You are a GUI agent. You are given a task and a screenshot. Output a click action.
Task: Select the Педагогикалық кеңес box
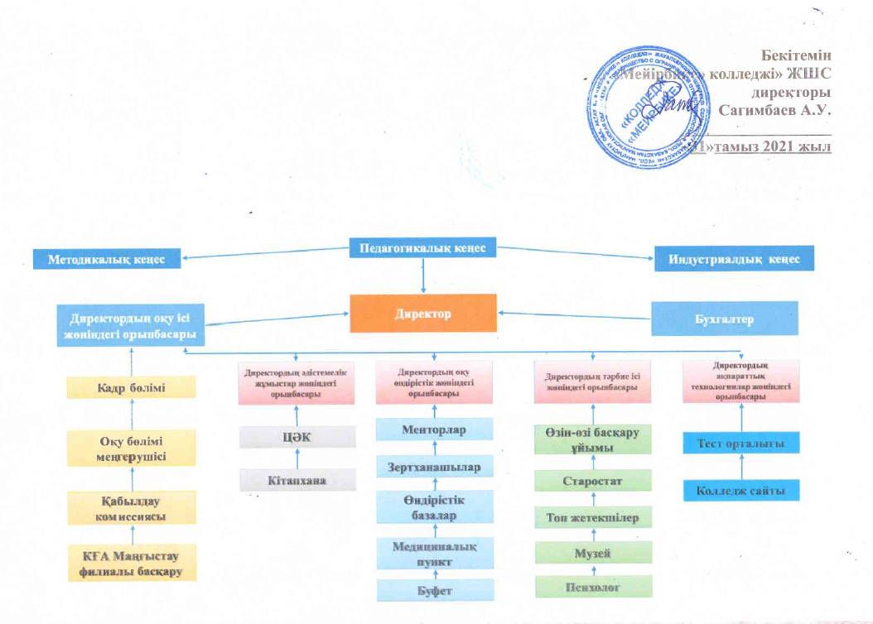422,247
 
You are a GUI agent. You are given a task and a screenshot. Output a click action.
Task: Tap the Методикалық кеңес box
107,259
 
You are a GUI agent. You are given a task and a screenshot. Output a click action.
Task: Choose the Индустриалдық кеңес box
734,259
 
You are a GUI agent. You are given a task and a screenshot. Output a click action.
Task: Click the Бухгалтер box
725,319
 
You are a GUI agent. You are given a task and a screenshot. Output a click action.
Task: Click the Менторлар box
435,430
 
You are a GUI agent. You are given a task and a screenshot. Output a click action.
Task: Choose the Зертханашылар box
435,467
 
